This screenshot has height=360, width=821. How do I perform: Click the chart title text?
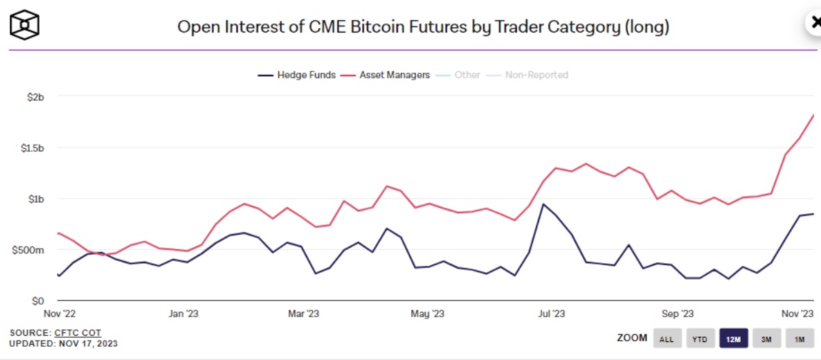tap(423, 27)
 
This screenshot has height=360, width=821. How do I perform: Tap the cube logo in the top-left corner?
tap(25, 26)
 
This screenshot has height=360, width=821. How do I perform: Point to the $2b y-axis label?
tap(34, 97)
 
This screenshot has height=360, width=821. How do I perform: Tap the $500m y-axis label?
tap(28, 250)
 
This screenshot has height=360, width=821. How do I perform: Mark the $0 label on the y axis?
tap(37, 300)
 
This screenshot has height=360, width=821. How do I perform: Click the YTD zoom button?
tap(700, 339)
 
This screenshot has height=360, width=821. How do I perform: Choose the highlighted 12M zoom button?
tap(734, 339)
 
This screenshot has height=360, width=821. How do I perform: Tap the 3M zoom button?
tap(767, 339)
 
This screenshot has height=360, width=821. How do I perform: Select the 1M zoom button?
tap(799, 339)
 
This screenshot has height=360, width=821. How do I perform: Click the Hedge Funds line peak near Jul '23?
tap(543, 204)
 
